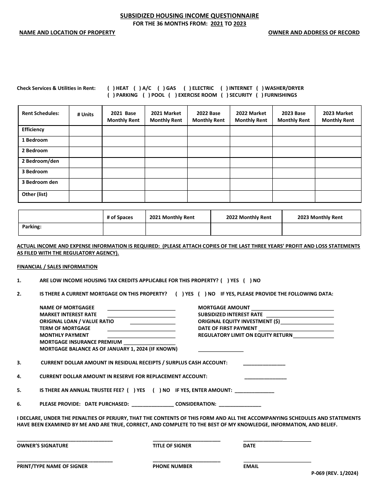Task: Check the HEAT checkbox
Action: (x=110, y=88)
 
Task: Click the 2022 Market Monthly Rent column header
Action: (x=251, y=117)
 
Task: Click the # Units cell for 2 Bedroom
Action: (x=85, y=151)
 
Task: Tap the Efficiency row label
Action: (x=33, y=130)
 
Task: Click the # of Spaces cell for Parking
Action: (x=124, y=229)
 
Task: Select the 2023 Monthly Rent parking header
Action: (x=320, y=217)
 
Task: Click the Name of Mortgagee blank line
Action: (x=141, y=308)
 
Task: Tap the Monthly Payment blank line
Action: (x=141, y=335)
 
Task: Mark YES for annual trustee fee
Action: (x=131, y=390)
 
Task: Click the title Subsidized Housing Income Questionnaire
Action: (x=189, y=16)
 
